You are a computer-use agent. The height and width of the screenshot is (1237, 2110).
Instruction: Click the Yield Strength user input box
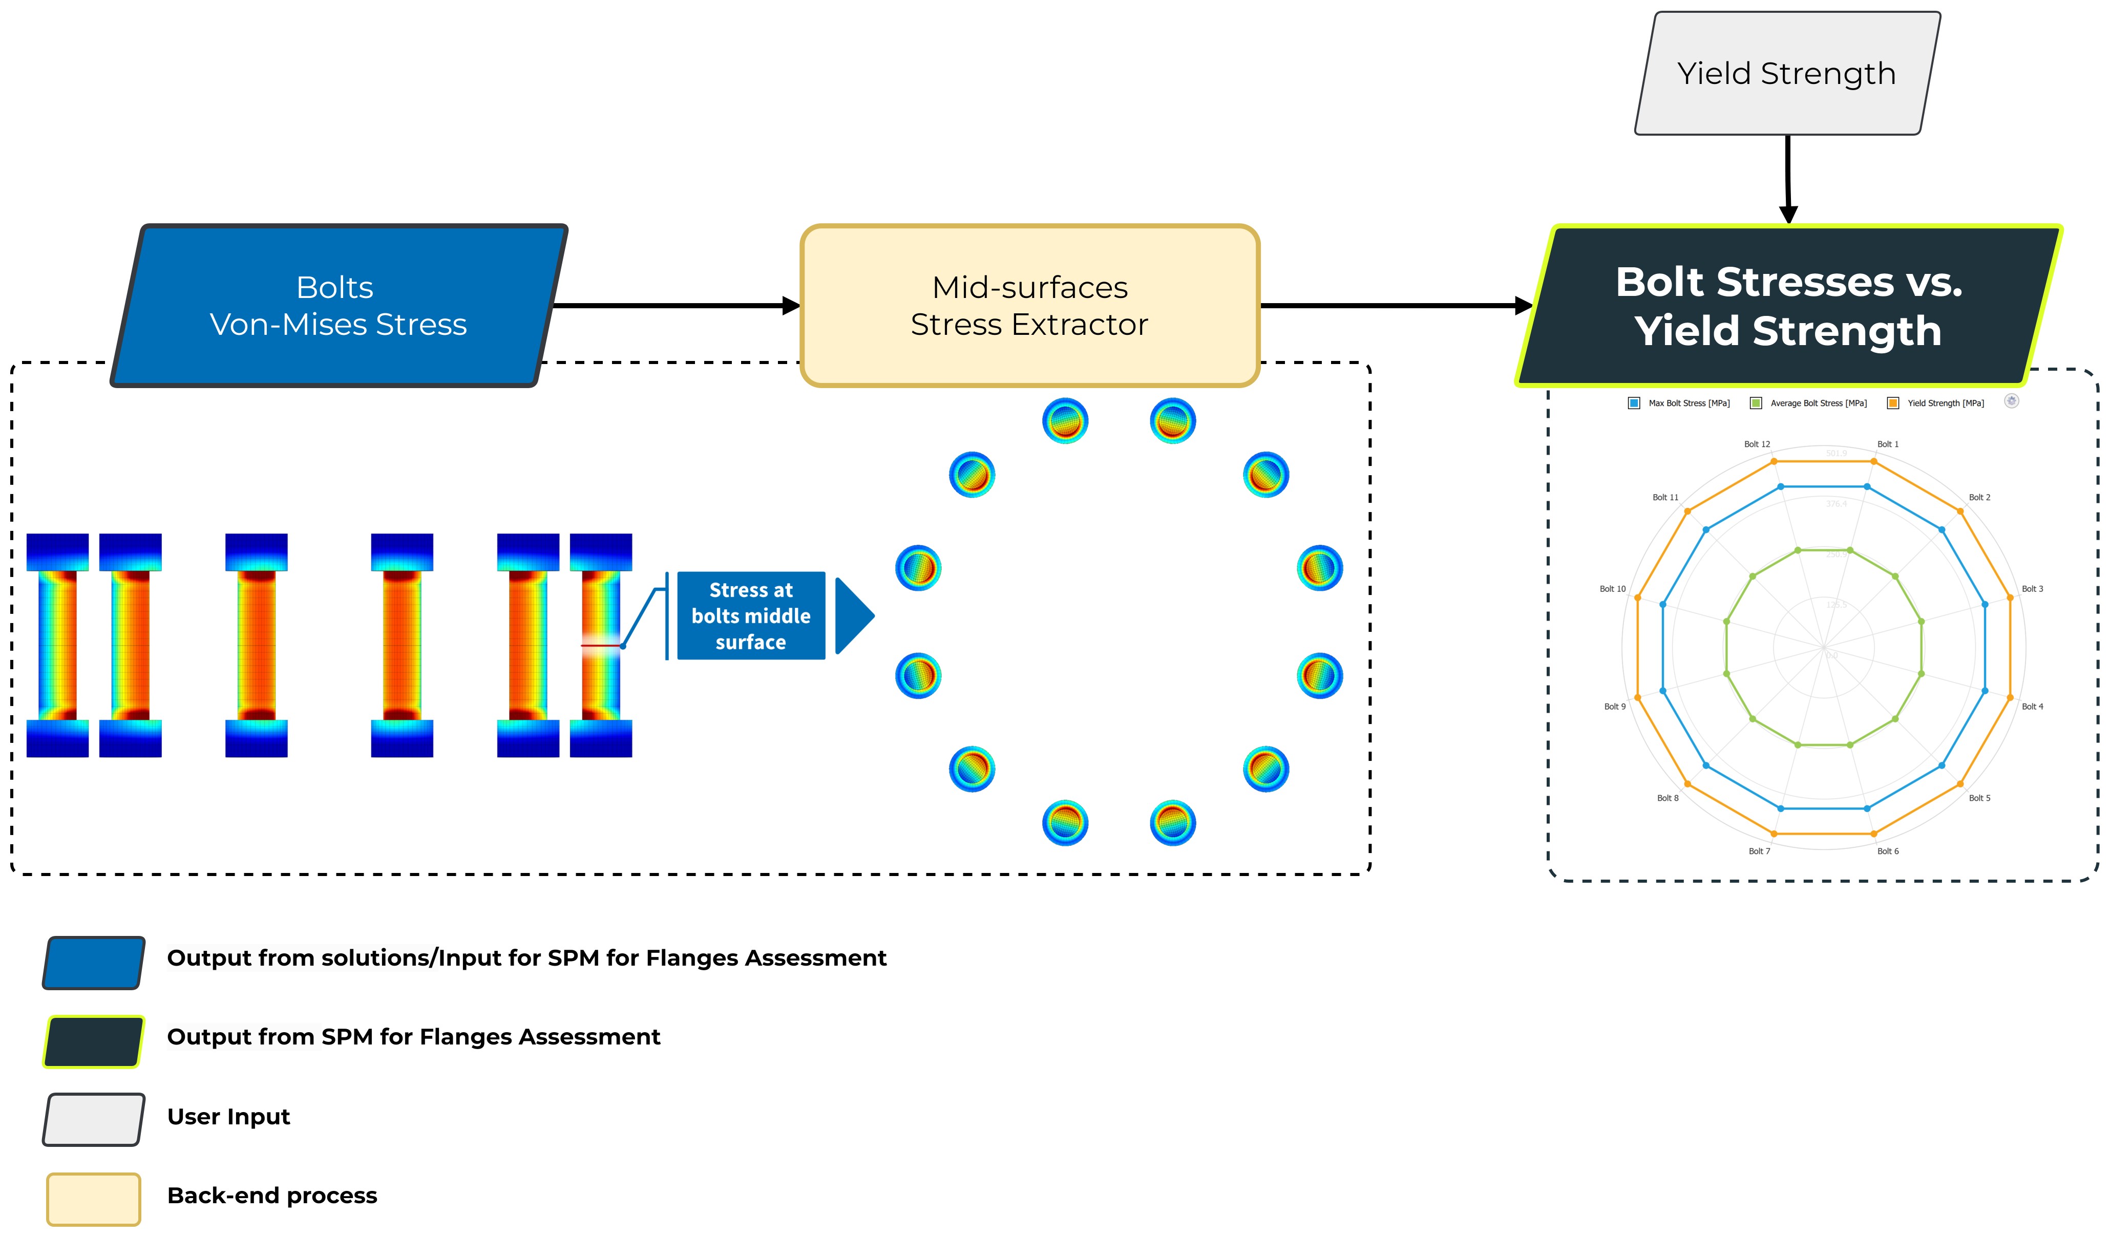coord(1787,74)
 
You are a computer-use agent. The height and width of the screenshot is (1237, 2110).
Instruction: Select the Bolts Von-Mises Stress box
coord(339,306)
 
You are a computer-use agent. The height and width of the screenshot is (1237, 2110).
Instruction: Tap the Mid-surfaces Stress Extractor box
coord(1030,306)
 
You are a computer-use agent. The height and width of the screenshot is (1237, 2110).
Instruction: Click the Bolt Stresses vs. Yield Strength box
coord(1788,306)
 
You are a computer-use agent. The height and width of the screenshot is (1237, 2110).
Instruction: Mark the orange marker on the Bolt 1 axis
coord(1874,461)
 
